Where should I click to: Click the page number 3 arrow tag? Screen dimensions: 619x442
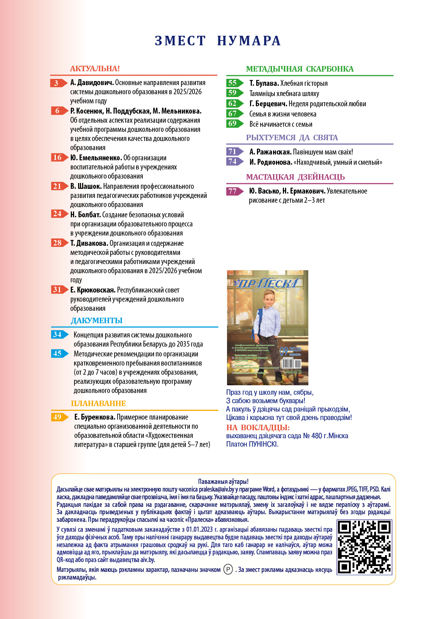pyautogui.click(x=58, y=83)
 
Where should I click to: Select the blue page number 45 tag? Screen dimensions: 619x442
pyautogui.click(x=59, y=354)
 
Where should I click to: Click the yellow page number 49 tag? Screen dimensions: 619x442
pyautogui.click(x=59, y=417)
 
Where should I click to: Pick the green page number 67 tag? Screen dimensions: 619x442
pyautogui.click(x=234, y=114)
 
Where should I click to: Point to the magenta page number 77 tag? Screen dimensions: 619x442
pyautogui.click(x=234, y=191)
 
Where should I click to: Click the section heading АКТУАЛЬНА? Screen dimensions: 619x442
pyautogui.click(x=95, y=69)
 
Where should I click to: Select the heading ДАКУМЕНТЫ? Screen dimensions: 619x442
pyautogui.click(x=97, y=321)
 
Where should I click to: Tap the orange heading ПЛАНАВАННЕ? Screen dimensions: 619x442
pyautogui.click(x=98, y=404)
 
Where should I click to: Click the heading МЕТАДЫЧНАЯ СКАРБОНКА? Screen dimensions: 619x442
pyautogui.click(x=300, y=69)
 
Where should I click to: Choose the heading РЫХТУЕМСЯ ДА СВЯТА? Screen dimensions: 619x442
pyautogui.click(x=292, y=138)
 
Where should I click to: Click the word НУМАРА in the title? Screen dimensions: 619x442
pyautogui.click(x=249, y=41)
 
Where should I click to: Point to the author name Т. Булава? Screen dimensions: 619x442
pyautogui.click(x=264, y=83)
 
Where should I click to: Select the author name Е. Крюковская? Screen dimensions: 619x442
pyautogui.click(x=93, y=290)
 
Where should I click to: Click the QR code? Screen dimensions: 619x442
pyautogui.click(x=364, y=547)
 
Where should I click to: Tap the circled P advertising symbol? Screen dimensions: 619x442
pyautogui.click(x=228, y=569)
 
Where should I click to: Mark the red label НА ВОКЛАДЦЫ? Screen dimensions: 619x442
pyautogui.click(x=258, y=427)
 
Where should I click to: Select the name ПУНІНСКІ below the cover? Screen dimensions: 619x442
pyautogui.click(x=263, y=444)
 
